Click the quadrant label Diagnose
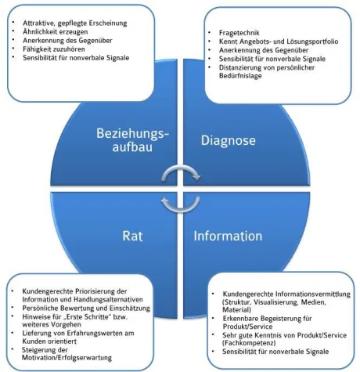pos(229,141)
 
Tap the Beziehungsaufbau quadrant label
pos(133,140)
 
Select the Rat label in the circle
pos(132,236)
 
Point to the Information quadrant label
pos(228,236)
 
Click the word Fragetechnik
pos(239,33)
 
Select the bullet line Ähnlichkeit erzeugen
pos(56,32)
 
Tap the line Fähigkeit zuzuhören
pos(54,49)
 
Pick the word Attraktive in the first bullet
pos(38,23)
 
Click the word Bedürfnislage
pos(240,76)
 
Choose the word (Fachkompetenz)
pos(249,342)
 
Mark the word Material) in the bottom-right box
pos(237,310)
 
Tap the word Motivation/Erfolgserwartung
pos(67,358)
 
